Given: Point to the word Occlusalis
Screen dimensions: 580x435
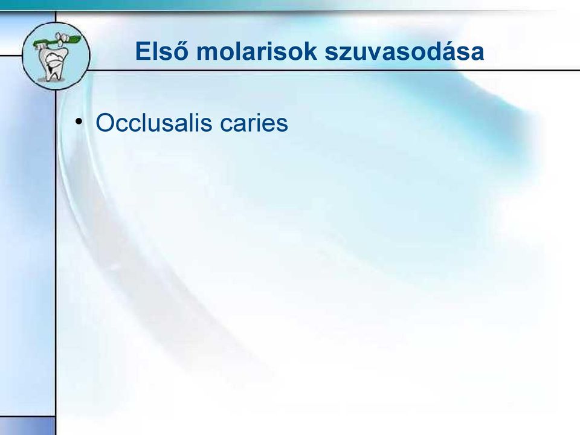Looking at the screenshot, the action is pyautogui.click(x=154, y=122).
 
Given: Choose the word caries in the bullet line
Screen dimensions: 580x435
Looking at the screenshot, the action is pyautogui.click(x=254, y=123).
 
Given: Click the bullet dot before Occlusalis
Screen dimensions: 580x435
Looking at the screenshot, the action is pyautogui.click(x=79, y=121).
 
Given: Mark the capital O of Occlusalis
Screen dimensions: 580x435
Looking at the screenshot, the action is pyautogui.click(x=103, y=123).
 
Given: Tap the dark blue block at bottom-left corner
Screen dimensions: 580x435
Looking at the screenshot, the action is pyautogui.click(x=27, y=425).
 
